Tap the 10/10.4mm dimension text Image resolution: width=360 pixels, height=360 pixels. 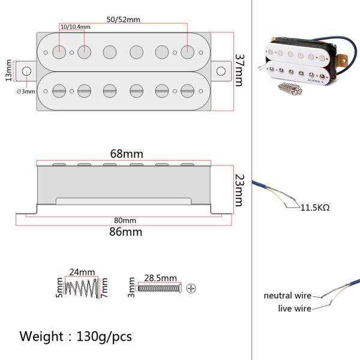pyautogui.click(x=76, y=28)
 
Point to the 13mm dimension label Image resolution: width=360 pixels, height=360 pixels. pyautogui.click(x=8, y=71)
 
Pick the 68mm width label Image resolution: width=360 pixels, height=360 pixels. pyautogui.click(x=124, y=154)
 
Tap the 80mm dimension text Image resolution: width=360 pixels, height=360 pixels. pyautogui.click(x=124, y=220)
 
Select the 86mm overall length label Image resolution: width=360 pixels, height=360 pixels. pyautogui.click(x=124, y=231)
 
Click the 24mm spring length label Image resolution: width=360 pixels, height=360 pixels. pyautogui.click(x=82, y=271)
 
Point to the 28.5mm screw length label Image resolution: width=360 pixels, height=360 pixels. pyautogui.click(x=160, y=278)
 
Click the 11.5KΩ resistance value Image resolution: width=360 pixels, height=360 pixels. pyautogui.click(x=314, y=208)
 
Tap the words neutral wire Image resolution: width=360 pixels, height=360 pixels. pyautogui.click(x=287, y=296)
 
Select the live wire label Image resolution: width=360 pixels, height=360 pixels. pyautogui.click(x=294, y=308)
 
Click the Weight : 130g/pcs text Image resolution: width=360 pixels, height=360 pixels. pyautogui.click(x=76, y=335)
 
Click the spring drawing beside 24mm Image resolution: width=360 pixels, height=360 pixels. pyautogui.click(x=82, y=287)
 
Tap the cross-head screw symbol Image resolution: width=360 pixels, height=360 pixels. pyautogui.click(x=191, y=288)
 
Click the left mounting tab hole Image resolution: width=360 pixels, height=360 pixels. pyautogui.click(x=26, y=71)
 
